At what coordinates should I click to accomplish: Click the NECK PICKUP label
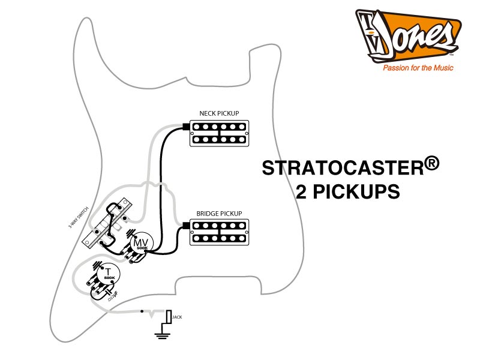coord(219,113)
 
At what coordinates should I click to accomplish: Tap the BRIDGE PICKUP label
coord(219,214)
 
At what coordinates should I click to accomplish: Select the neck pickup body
coord(219,133)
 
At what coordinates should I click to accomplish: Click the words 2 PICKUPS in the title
coord(348,192)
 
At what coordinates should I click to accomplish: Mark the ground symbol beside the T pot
coord(97,266)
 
